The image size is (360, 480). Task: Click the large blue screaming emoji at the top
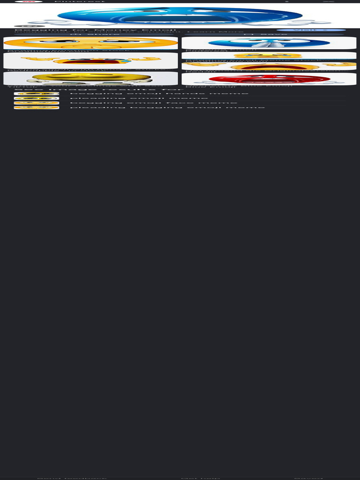pos(180,16)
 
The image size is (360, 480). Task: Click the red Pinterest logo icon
pos(29,1)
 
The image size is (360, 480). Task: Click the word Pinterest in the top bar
pos(80,1)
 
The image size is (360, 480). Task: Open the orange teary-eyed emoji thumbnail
pos(90,43)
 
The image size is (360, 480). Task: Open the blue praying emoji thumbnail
pos(269,43)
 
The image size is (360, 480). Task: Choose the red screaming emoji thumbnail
pos(269,79)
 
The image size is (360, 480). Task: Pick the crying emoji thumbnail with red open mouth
pos(90,60)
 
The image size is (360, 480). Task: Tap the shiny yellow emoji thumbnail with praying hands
pos(90,78)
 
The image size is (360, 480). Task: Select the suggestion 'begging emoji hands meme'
pos(159,94)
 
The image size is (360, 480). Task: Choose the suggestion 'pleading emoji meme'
pos(139,98)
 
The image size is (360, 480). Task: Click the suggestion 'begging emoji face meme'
pos(153,103)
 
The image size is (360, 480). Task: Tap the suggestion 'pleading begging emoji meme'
pos(167,108)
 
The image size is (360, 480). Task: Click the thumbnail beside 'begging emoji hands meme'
pos(37,94)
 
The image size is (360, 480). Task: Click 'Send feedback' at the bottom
pos(72,478)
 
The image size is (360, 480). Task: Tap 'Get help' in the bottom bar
pos(201,478)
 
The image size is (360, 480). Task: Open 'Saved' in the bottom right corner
pos(308,478)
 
